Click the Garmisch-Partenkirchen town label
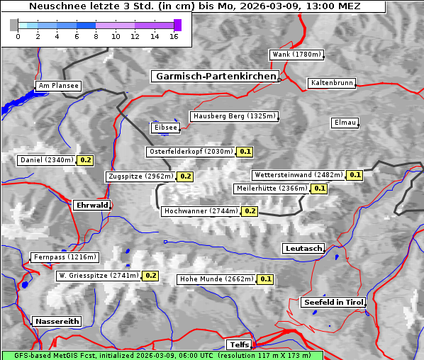pos(214,76)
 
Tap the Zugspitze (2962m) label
pos(140,176)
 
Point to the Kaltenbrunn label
pos(331,83)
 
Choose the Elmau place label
pos(345,123)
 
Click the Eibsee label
pos(164,128)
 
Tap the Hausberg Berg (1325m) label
pos(234,116)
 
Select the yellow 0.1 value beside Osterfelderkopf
pos(245,152)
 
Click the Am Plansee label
pos(57,86)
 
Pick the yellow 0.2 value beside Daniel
pos(86,160)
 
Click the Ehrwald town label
pos(91,205)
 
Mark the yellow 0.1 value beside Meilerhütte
pos(320,189)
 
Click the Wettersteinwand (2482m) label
pos(299,175)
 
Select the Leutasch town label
pos(303,248)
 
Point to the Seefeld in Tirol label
pos(333,302)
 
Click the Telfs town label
pos(238,345)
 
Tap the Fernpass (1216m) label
pos(65,257)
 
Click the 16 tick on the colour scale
pos(174,35)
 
